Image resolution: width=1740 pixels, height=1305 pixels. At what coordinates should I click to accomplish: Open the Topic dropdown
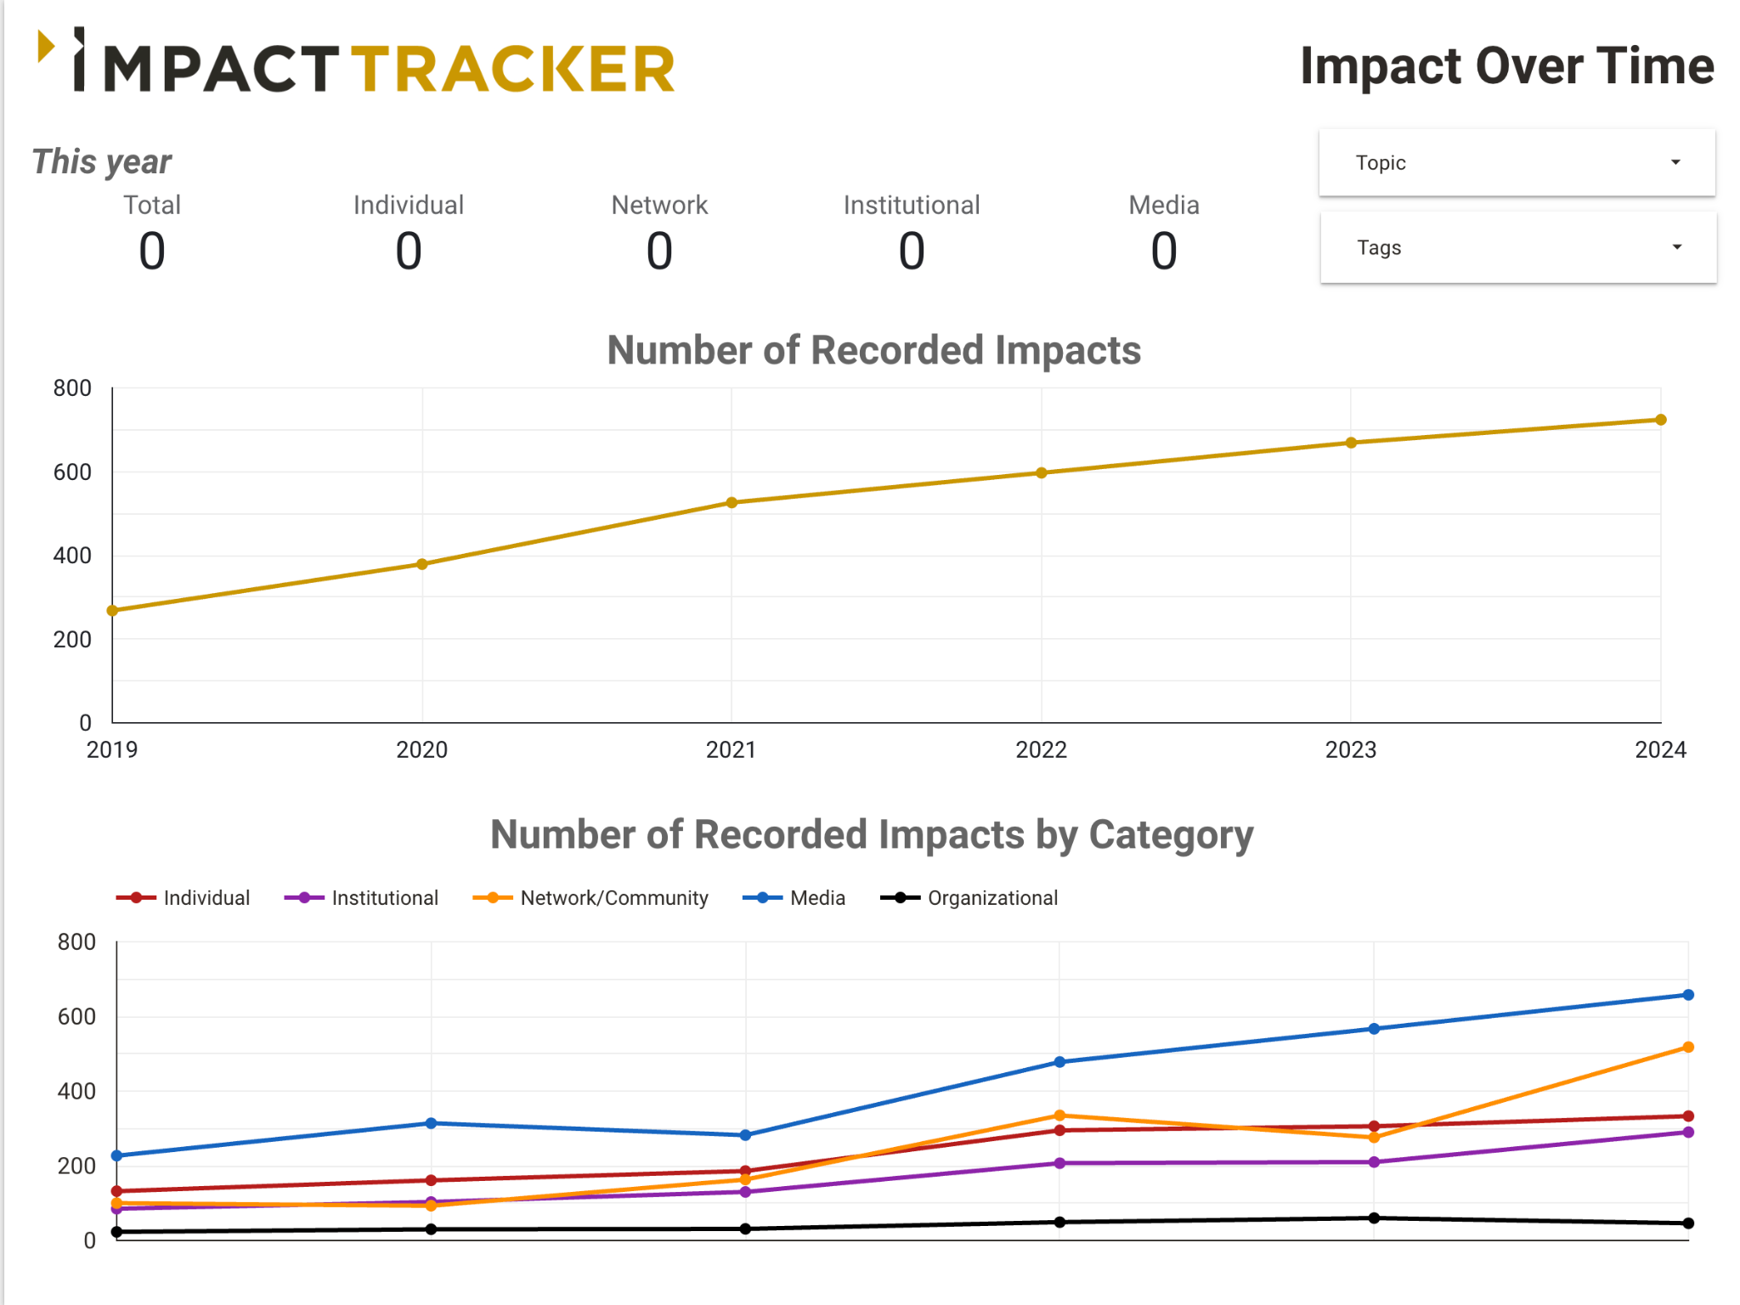pos(1517,162)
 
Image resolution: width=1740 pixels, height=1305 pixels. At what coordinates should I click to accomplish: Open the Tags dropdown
pos(1518,247)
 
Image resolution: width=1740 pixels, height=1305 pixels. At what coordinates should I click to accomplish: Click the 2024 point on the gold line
pos(1661,420)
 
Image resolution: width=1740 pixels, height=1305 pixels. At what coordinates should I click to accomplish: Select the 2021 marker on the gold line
pos(732,503)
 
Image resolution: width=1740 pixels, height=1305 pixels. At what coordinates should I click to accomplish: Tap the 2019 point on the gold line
pos(112,611)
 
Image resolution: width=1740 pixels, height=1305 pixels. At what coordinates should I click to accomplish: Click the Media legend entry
pos(794,898)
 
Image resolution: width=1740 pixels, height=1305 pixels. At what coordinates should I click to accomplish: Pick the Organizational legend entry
pos(969,898)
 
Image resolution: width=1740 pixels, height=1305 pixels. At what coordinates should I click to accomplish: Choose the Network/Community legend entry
pos(590,898)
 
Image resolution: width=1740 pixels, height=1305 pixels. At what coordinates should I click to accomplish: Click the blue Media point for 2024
pos(1688,995)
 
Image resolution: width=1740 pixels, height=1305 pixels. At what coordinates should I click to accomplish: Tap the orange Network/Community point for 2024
pos(1688,1048)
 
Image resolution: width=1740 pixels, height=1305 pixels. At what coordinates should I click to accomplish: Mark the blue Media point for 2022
pos(1059,1062)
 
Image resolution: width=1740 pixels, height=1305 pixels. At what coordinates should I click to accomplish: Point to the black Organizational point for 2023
pos(1374,1218)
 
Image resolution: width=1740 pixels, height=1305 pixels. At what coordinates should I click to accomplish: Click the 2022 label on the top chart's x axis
pos(1041,749)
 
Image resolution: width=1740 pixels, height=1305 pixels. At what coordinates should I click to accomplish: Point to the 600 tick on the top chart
pos(72,472)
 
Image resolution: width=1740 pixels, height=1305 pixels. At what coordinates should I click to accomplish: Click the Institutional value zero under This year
pos(912,251)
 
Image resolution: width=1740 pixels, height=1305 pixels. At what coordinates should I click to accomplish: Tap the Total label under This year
pos(152,205)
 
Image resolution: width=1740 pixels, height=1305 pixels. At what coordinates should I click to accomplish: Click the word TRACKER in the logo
pos(513,69)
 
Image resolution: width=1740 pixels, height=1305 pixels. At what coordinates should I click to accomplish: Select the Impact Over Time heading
pos(1507,66)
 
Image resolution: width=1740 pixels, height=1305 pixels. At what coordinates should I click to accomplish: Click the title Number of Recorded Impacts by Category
pos(872,834)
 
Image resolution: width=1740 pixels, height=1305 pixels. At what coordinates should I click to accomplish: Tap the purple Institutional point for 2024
pos(1688,1133)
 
